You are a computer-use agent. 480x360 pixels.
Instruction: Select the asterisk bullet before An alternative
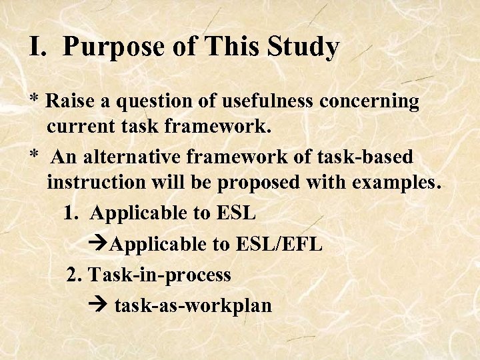34,156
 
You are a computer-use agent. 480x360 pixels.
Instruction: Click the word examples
398,183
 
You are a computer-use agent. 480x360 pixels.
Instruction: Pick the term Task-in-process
159,275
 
